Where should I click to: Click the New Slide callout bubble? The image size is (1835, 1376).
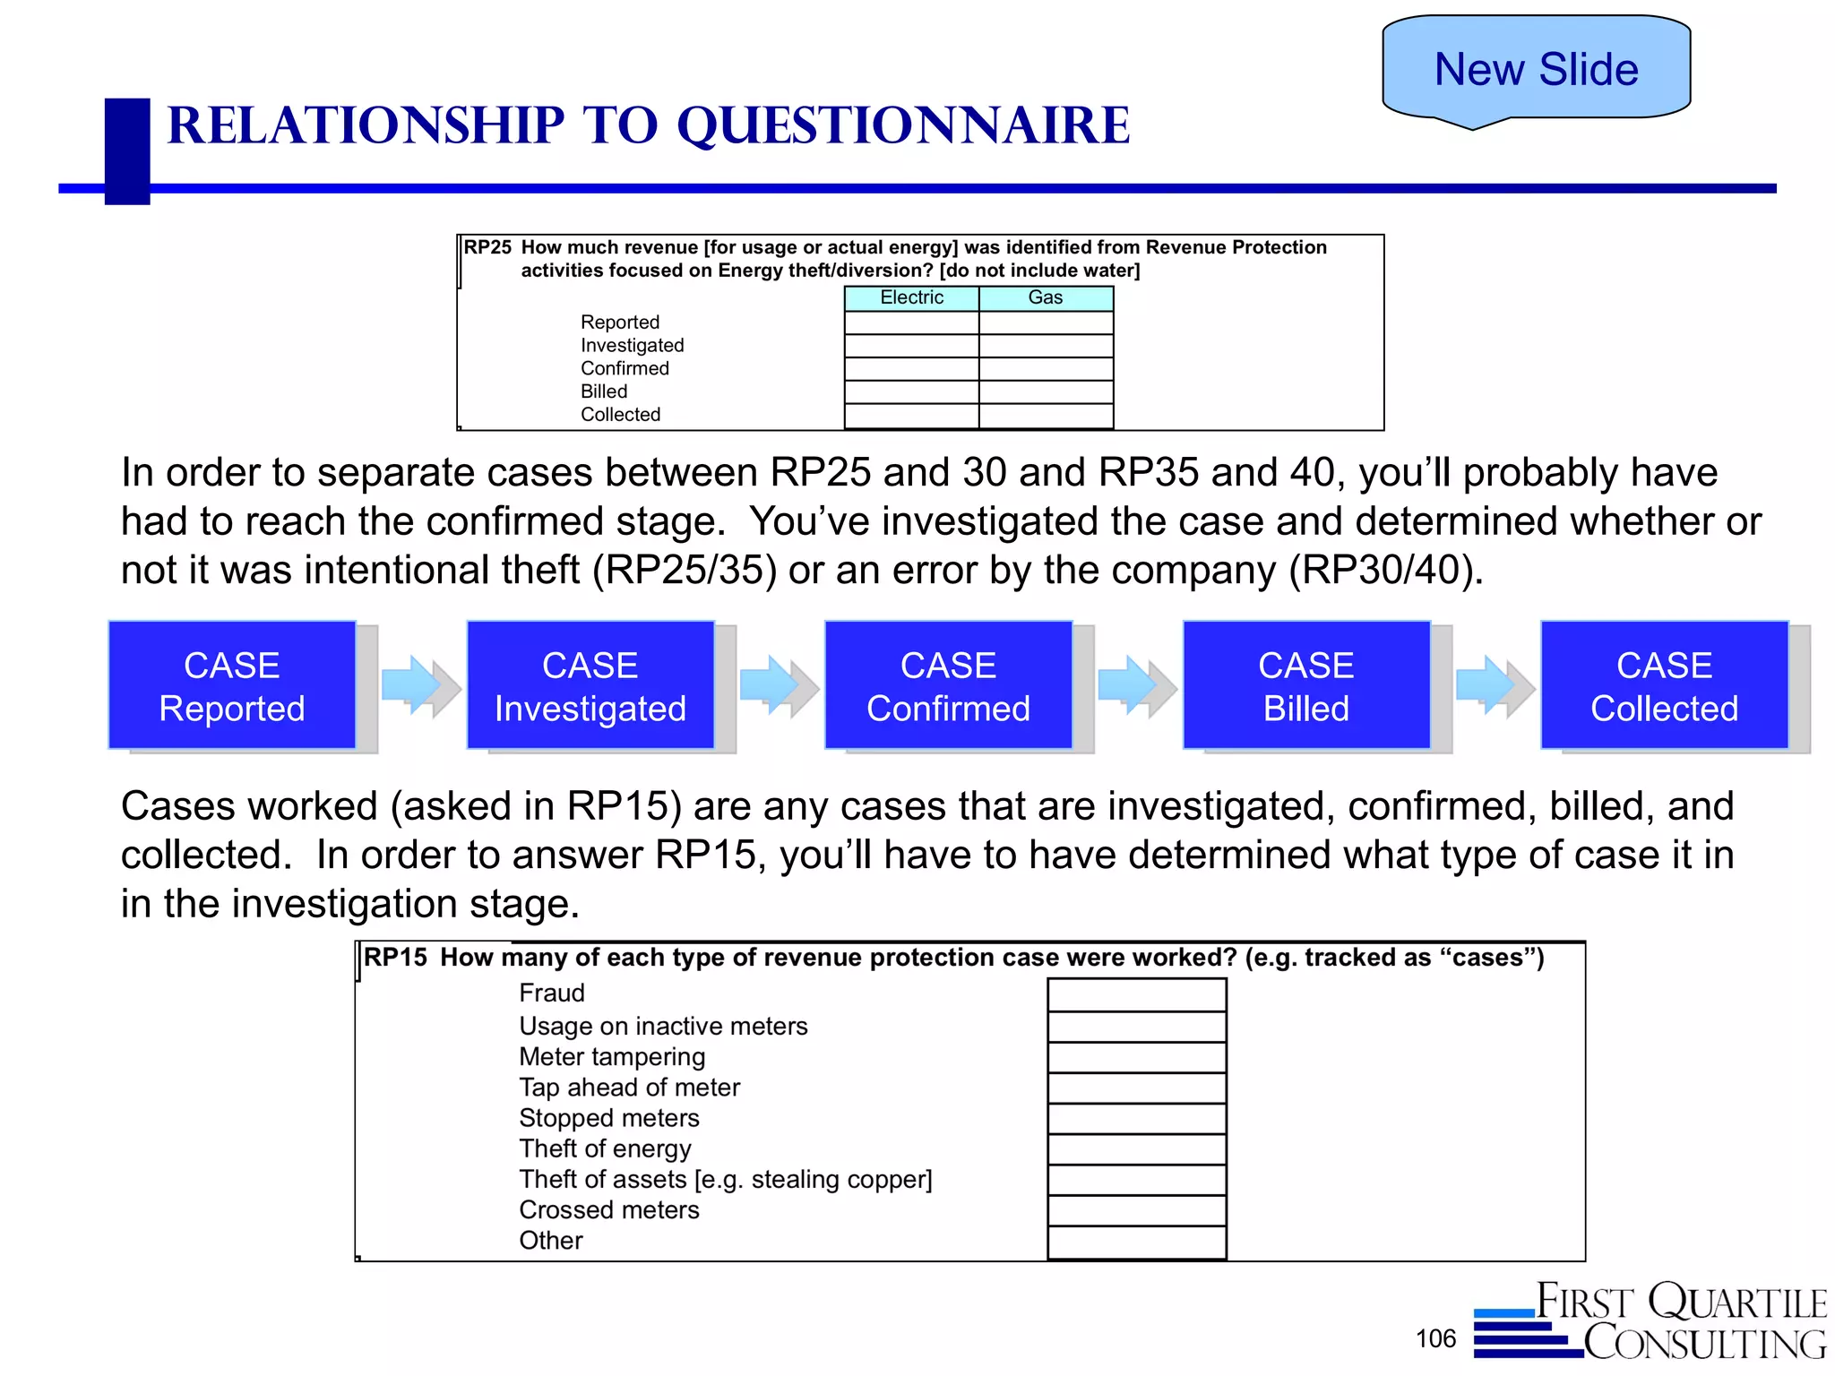pyautogui.click(x=1536, y=69)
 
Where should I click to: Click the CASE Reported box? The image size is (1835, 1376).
pyautogui.click(x=232, y=685)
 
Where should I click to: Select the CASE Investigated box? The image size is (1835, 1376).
pyautogui.click(x=590, y=685)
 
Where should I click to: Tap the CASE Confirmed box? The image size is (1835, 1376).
pyautogui.click(x=948, y=685)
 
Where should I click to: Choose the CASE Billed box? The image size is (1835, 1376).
pyautogui.click(x=1306, y=685)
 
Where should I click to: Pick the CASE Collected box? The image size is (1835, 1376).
pyautogui.click(x=1664, y=685)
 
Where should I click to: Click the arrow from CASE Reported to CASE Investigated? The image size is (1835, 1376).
pyautogui.click(x=419, y=685)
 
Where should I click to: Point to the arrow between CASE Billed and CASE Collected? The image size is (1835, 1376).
pyautogui.click(x=1494, y=685)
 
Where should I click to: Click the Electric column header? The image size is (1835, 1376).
pyautogui.click(x=911, y=297)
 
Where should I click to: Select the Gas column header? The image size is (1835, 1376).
pyautogui.click(x=1046, y=297)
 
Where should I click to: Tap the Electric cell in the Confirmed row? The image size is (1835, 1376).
pyautogui.click(x=911, y=368)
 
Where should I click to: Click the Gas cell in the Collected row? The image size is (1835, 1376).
pyautogui.click(x=1046, y=415)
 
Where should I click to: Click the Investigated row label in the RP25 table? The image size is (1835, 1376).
pyautogui.click(x=632, y=345)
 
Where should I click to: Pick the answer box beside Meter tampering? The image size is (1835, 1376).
pyautogui.click(x=1136, y=1057)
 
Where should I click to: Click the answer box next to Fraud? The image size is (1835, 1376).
pyautogui.click(x=1136, y=994)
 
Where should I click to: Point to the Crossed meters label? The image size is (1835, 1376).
pyautogui.click(x=608, y=1209)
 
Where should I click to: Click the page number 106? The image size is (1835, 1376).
pyautogui.click(x=1435, y=1338)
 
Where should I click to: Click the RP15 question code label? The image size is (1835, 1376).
pyautogui.click(x=395, y=957)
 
